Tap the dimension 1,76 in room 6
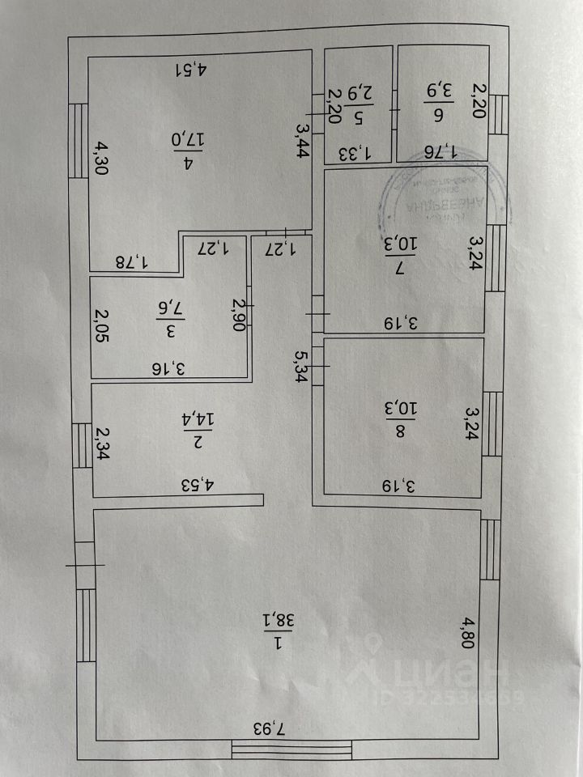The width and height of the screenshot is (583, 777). (x=443, y=151)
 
